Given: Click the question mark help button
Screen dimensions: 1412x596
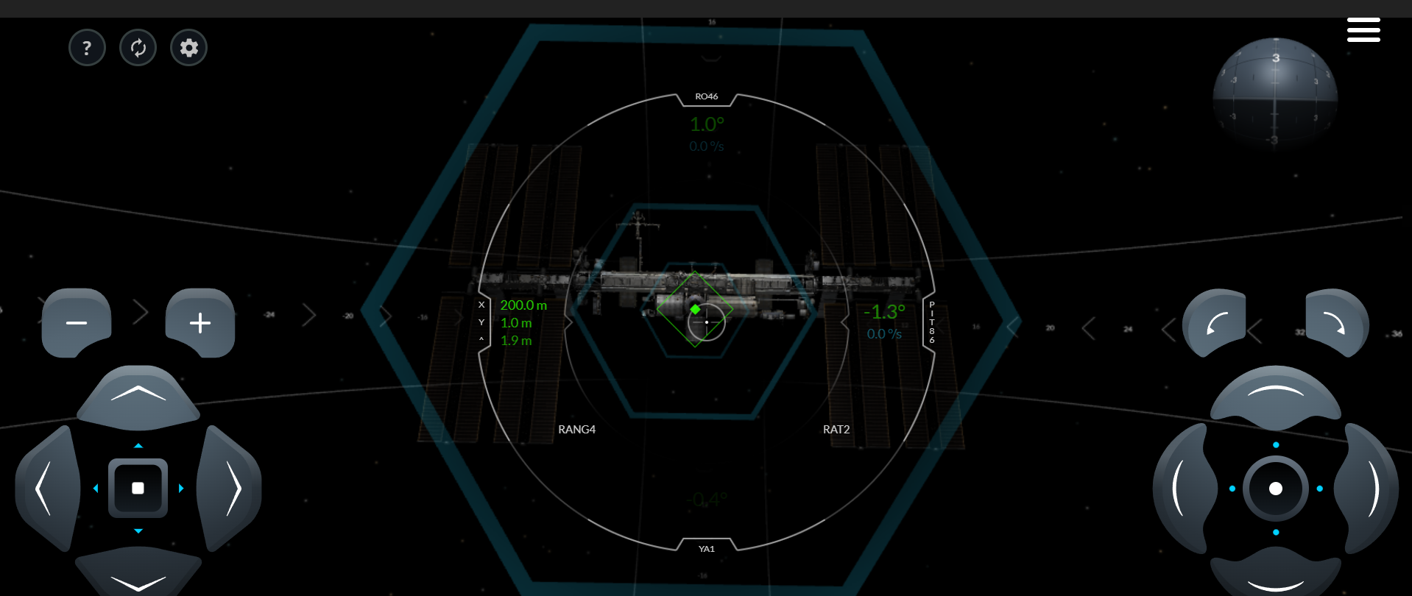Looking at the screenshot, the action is click(87, 48).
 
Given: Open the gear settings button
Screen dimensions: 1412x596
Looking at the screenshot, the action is click(189, 48).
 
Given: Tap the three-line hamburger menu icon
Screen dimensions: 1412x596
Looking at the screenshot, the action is click(1363, 30).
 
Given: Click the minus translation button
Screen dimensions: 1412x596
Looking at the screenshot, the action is click(77, 323).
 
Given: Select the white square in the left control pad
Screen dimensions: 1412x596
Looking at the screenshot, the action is click(138, 488).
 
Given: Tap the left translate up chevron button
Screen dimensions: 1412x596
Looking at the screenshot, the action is click(138, 395).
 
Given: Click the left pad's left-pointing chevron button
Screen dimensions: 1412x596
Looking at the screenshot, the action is click(46, 488).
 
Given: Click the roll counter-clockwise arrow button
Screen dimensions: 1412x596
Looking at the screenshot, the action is click(1215, 323).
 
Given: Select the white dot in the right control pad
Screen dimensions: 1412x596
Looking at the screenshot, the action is click(1276, 489).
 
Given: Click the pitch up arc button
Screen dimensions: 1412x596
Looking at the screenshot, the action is click(1276, 395).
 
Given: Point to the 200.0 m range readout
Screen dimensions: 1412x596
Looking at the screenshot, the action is click(523, 305).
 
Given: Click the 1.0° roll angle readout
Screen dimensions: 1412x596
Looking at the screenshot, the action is click(707, 124).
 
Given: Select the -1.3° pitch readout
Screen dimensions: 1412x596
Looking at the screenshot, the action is click(884, 312).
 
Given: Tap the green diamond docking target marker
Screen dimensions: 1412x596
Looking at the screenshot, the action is click(695, 309).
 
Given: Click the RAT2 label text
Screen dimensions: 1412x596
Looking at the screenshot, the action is click(836, 430).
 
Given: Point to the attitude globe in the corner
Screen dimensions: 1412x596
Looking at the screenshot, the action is click(1275, 93).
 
